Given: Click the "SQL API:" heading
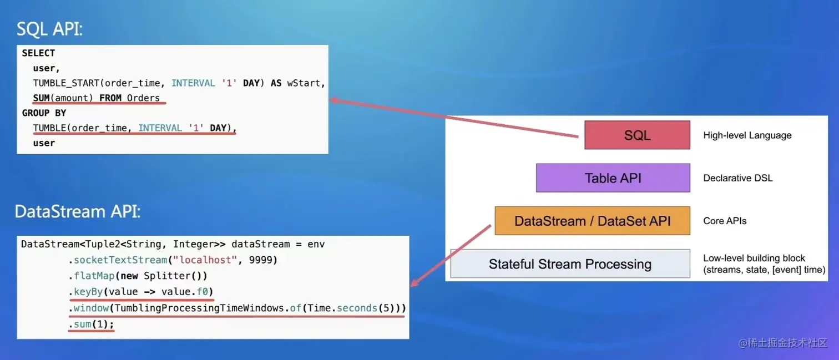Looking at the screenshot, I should tap(49, 28).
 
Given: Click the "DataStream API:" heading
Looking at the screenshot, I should tap(78, 211).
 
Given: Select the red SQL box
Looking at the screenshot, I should tap(637, 135).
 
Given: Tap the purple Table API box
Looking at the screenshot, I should tap(613, 178).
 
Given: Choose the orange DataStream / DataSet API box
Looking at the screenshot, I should tap(592, 221).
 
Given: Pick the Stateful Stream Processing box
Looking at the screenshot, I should tap(570, 264).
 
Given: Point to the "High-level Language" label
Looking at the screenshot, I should tap(747, 135).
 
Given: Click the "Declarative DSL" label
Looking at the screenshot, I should tap(737, 178).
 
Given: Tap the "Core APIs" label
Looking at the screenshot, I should tap(725, 221).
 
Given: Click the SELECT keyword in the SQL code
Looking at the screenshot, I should tap(38, 53).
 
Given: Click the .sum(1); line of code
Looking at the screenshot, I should tap(91, 324).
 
